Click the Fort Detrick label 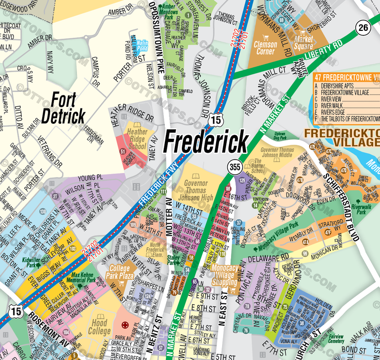click(63, 108)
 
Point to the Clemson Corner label click(266, 47)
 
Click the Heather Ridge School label click(137, 139)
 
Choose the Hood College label click(100, 326)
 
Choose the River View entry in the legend click(331, 98)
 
